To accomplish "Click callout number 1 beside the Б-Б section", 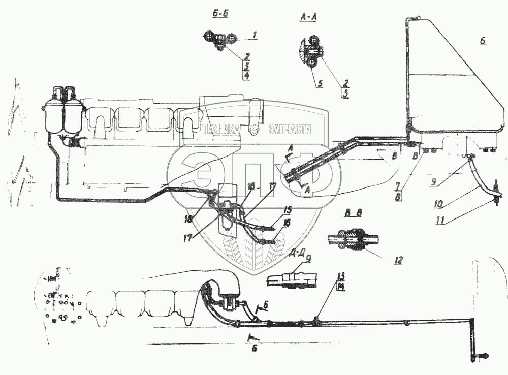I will (255, 35).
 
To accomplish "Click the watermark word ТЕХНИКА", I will (221, 130).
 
